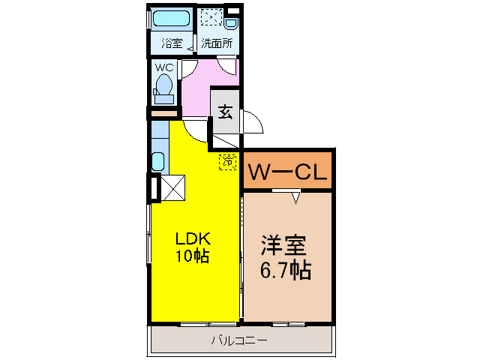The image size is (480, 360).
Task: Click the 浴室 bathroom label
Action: click(x=172, y=43)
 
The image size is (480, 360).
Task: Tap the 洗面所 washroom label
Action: click(x=215, y=43)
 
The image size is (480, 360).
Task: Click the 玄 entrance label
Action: click(x=225, y=110)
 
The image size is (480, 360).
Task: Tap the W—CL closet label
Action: click(x=287, y=172)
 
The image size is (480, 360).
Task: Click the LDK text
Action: click(x=193, y=239)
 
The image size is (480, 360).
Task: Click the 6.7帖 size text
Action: click(x=286, y=270)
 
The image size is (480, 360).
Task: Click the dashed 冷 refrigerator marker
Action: click(x=226, y=160)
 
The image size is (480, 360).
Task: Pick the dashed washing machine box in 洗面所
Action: click(x=211, y=17)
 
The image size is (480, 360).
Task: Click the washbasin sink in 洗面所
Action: click(x=231, y=20)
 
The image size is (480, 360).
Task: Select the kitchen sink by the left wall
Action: click(x=158, y=161)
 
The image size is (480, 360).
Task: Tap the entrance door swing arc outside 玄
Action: click(x=253, y=122)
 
